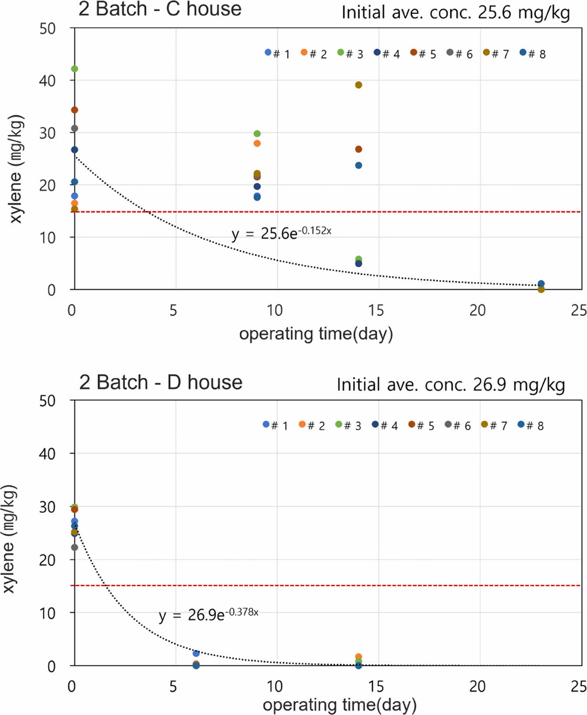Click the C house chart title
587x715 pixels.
pos(160,9)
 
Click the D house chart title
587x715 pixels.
pos(161,382)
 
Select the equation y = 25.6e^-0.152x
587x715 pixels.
pos(281,233)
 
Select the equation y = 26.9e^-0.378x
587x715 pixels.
pos(208,614)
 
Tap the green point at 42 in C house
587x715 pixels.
pos(75,69)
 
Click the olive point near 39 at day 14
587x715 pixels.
pos(359,85)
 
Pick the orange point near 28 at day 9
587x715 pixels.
pos(257,143)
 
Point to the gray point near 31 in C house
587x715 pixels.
pos(75,128)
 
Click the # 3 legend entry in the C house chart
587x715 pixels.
pos(350,53)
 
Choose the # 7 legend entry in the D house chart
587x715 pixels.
pos(494,425)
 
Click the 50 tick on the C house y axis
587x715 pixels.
pos(48,29)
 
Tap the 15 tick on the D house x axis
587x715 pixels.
pos(376,687)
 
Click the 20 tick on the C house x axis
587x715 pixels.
pos(477,310)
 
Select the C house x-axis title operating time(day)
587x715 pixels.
pos(316,334)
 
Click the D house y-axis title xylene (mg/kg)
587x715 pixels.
pos(10,539)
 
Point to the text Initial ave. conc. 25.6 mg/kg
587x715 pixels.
pos(456,12)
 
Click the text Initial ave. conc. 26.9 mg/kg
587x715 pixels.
pos(451,384)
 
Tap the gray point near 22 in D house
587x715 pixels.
pos(75,547)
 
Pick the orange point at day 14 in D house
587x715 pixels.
pos(359,657)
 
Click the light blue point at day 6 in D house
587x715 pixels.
pos(196,653)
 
